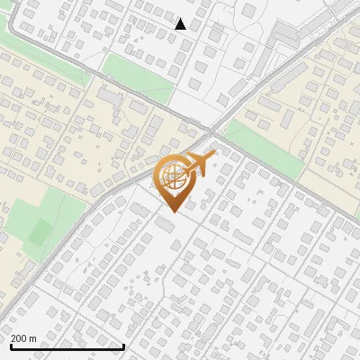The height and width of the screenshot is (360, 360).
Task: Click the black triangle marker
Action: click(181, 24)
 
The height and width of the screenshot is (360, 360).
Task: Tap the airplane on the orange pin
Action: click(197, 165)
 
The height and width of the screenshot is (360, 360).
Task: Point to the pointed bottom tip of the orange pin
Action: click(171, 211)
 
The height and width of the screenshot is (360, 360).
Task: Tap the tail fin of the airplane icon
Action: click(184, 168)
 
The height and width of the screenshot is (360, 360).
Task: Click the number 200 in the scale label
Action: click(20, 338)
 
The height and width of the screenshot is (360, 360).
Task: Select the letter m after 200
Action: click(32, 338)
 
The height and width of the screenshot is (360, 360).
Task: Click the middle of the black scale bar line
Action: click(67, 346)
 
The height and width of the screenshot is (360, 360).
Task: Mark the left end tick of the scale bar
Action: click(10, 345)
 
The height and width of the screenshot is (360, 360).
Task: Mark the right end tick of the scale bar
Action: click(123, 345)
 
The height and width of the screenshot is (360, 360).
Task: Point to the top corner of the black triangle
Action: click(181, 19)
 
